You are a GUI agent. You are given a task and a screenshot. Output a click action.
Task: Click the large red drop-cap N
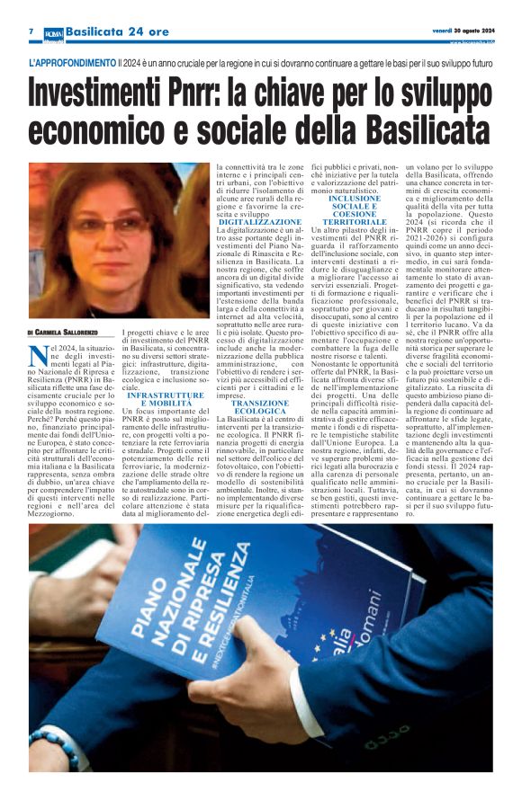[x=35, y=352]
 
